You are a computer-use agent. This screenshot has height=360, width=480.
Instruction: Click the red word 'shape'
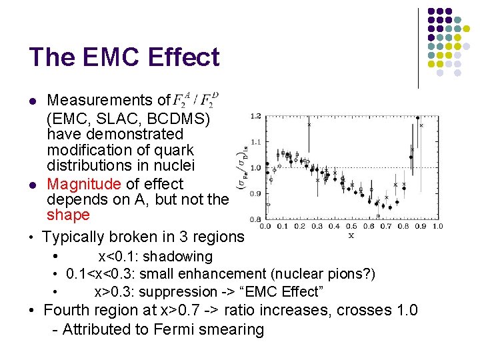[68, 215]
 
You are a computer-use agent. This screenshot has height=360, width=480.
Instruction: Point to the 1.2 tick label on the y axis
[255, 117]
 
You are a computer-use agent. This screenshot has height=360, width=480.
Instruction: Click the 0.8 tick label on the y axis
[255, 219]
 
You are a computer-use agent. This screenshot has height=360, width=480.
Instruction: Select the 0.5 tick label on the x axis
[351, 227]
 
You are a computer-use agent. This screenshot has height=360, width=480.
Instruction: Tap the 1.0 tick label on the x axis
[437, 227]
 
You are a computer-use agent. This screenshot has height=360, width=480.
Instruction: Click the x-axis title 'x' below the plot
[351, 235]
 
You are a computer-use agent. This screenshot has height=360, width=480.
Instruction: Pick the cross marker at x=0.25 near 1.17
[309, 125]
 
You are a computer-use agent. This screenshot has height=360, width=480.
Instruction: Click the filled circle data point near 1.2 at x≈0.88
[418, 119]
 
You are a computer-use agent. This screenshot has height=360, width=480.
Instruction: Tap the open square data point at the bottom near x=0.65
[378, 215]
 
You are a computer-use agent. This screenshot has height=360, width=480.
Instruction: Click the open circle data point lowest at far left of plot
[267, 205]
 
